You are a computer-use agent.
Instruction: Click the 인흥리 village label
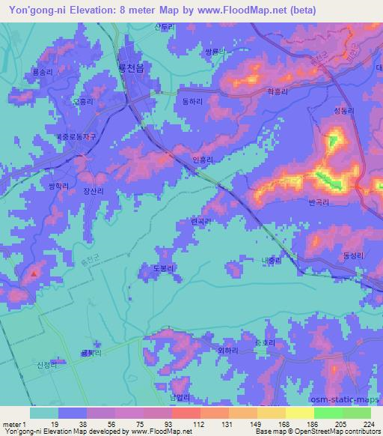click(203, 160)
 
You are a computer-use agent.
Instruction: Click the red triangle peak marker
click(33, 273)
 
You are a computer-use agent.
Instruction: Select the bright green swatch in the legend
click(328, 413)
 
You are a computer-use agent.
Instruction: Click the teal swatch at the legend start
click(44, 413)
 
